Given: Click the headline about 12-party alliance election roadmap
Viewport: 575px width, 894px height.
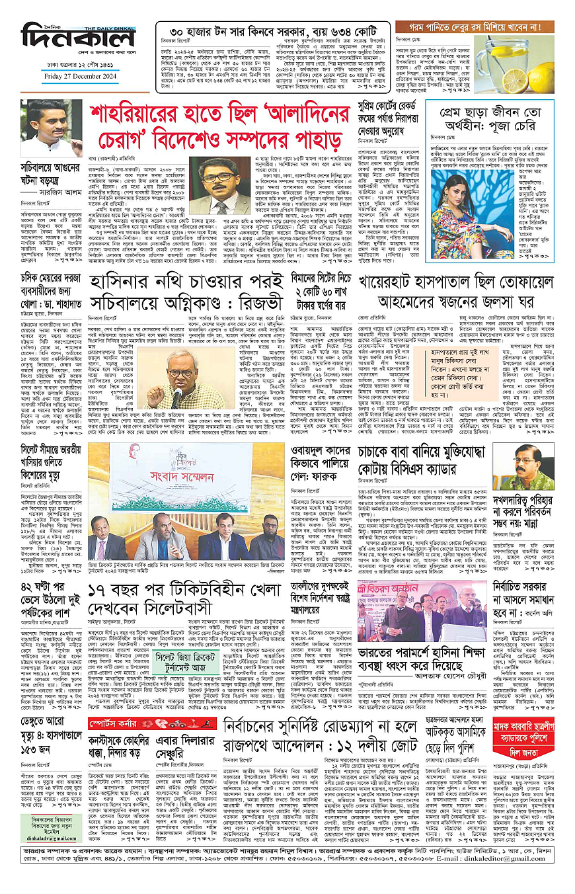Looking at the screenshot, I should click(x=321, y=739).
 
